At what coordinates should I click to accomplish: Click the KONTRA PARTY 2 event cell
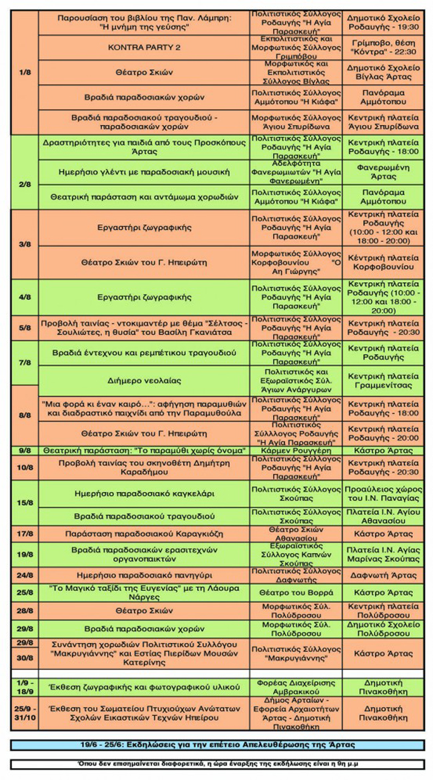tap(144, 48)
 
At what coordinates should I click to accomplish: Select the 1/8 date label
tap(25, 72)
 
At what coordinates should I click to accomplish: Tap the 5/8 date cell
tap(25, 327)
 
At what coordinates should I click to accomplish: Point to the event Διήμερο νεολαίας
tap(144, 381)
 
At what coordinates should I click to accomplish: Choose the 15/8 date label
tap(25, 502)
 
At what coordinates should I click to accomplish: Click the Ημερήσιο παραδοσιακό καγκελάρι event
tap(144, 493)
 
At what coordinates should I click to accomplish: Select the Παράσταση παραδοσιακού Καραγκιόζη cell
tap(144, 533)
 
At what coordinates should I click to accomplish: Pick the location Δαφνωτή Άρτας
tap(382, 575)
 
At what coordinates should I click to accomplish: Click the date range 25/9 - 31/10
tap(25, 712)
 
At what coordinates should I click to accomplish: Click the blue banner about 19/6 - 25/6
tap(216, 743)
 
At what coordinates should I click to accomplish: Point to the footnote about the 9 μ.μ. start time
tap(216, 764)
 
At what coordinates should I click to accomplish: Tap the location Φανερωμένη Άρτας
tap(382, 172)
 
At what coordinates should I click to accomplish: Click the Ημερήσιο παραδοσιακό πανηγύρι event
tap(144, 575)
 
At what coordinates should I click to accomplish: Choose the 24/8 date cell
tap(25, 575)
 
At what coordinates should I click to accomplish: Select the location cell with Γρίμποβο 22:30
tap(382, 48)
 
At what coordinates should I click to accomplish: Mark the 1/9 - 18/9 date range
tap(25, 687)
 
